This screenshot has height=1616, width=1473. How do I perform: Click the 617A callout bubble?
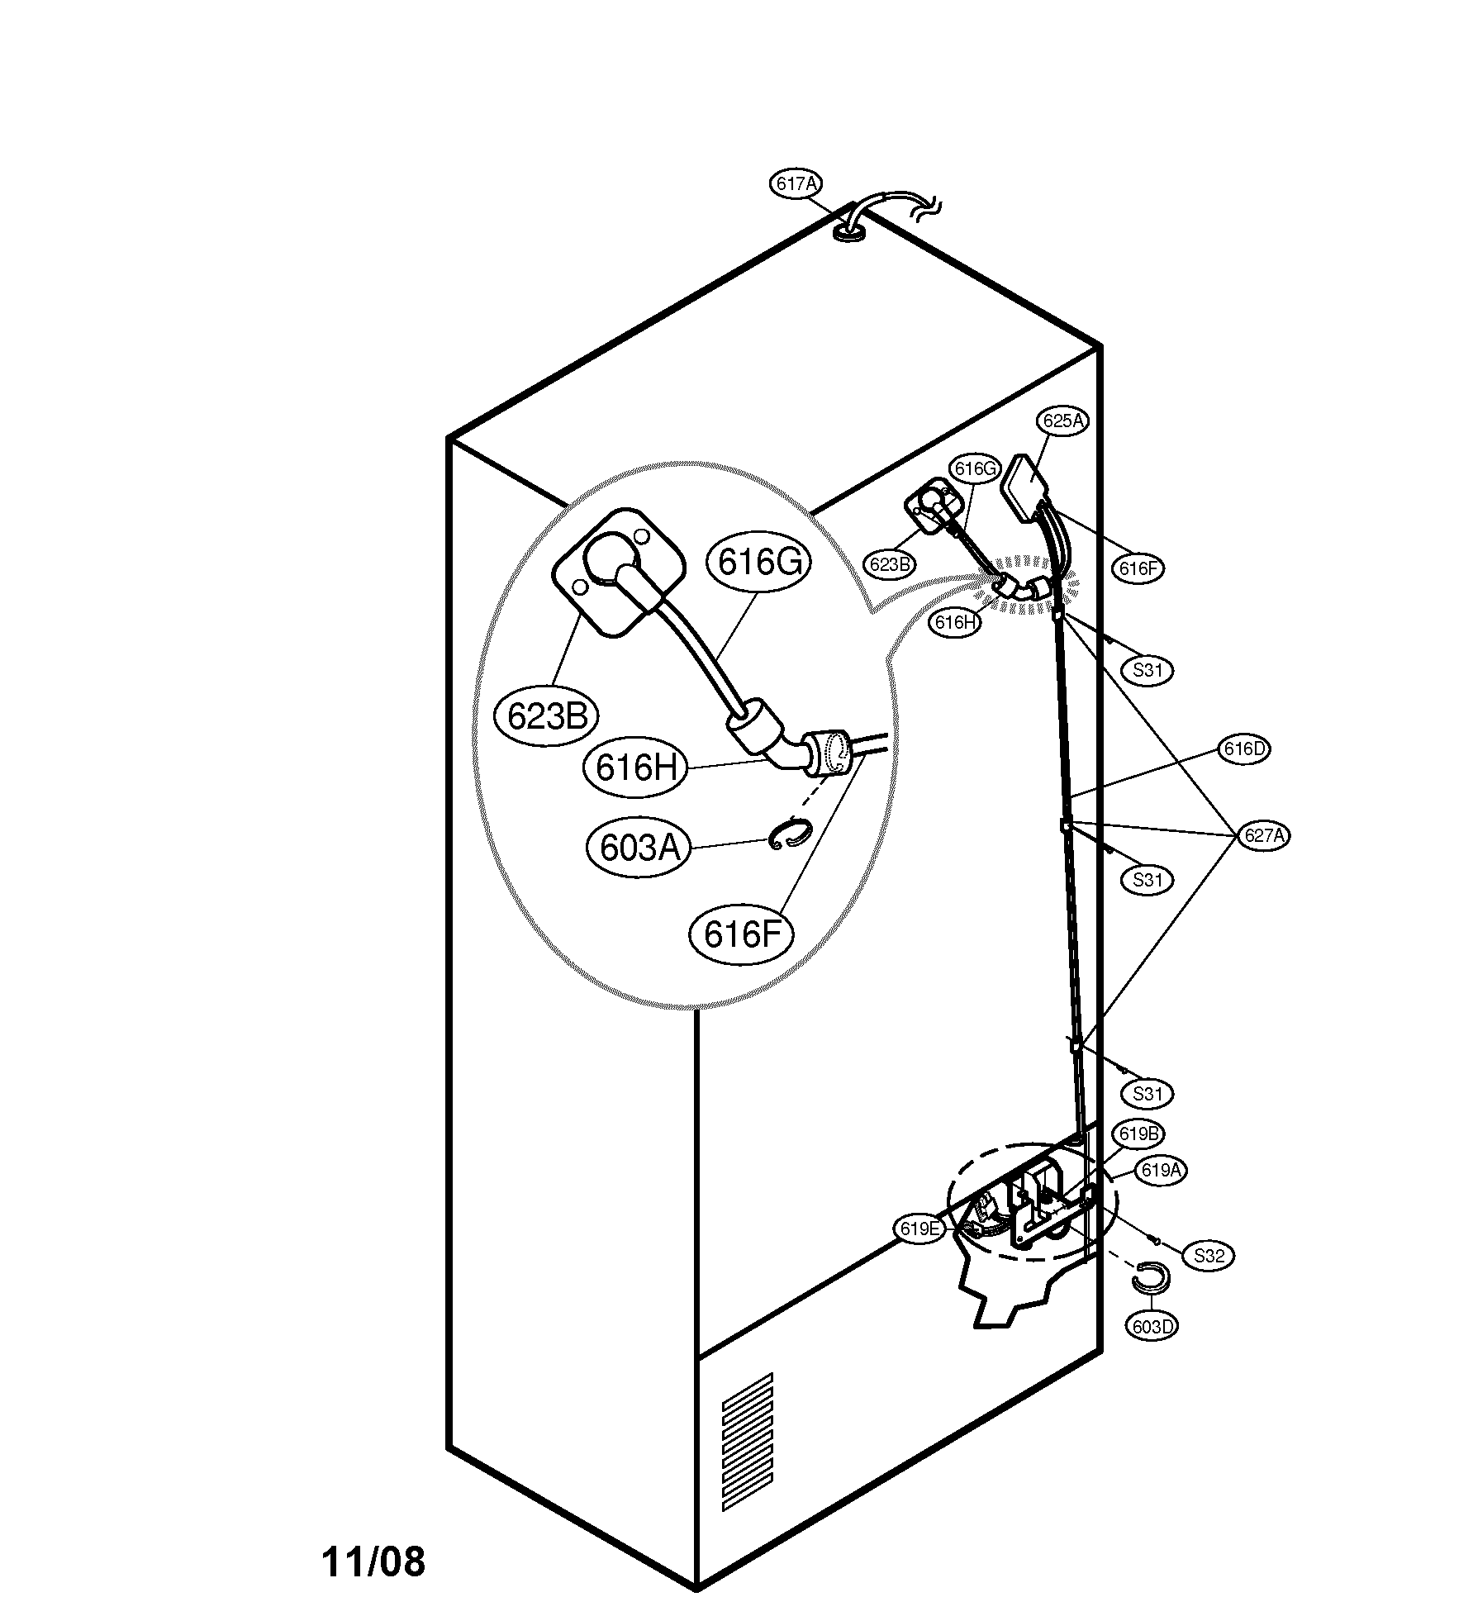[797, 183]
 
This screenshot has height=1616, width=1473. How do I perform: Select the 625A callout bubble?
[1063, 421]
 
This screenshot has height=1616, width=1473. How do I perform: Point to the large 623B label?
[547, 715]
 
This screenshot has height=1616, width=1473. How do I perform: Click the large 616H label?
[635, 768]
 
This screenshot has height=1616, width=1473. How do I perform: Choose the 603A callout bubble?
[639, 847]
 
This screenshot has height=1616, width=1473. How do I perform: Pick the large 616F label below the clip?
[742, 934]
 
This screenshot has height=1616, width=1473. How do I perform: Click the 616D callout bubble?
[1243, 749]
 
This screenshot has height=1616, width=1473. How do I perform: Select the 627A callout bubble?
[1264, 835]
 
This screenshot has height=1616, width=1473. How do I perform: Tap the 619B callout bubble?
[1138, 1134]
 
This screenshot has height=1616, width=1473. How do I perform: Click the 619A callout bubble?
[1161, 1170]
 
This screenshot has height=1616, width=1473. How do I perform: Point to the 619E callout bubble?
[919, 1252]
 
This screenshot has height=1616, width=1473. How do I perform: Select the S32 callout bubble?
[1209, 1256]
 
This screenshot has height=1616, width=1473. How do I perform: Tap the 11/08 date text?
[373, 1561]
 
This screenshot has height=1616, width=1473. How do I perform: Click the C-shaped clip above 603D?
[1150, 1277]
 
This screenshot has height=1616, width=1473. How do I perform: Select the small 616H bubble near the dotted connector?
[956, 622]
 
